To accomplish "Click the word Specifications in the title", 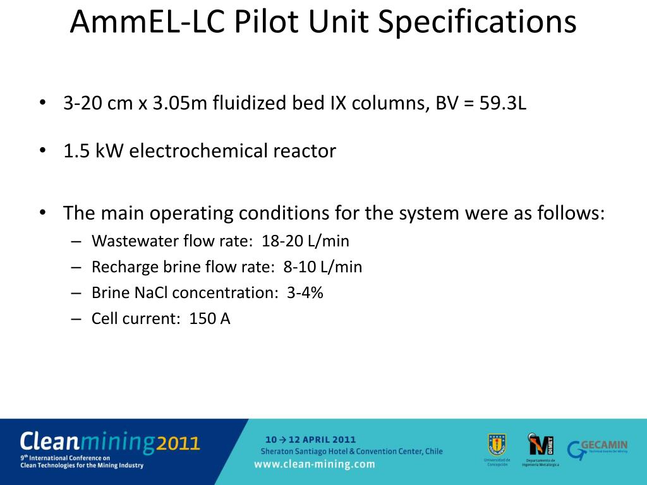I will [x=477, y=23].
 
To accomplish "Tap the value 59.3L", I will [x=502, y=103].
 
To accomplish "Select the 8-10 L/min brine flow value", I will [x=323, y=267].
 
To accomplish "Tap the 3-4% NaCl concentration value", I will [x=305, y=293].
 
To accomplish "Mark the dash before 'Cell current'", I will [x=76, y=319].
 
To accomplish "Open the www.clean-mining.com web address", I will [x=314, y=464].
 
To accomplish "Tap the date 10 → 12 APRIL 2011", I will [x=310, y=439].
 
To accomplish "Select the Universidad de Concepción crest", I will [x=497, y=444].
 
